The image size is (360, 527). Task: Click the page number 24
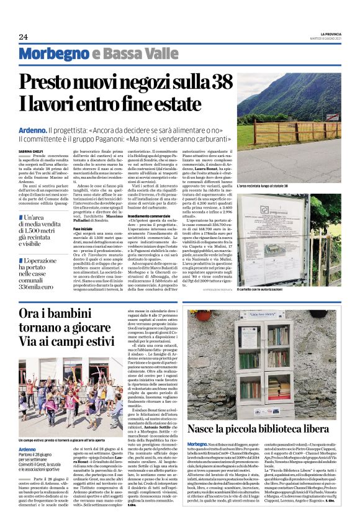point(24,37)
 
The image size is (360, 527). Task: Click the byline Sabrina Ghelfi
point(31,151)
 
